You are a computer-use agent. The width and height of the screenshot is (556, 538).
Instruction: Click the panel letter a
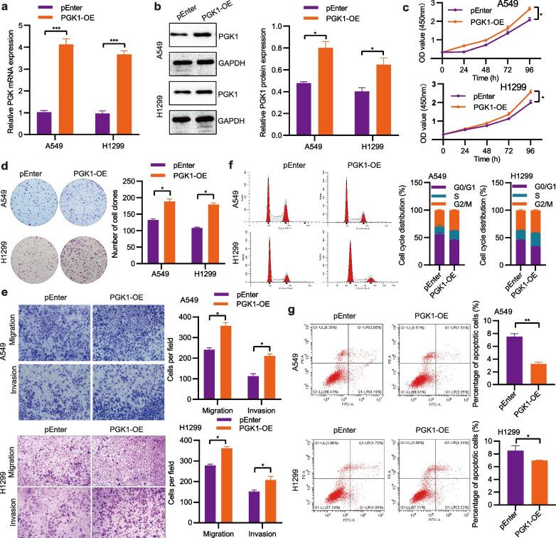(x=6, y=6)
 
